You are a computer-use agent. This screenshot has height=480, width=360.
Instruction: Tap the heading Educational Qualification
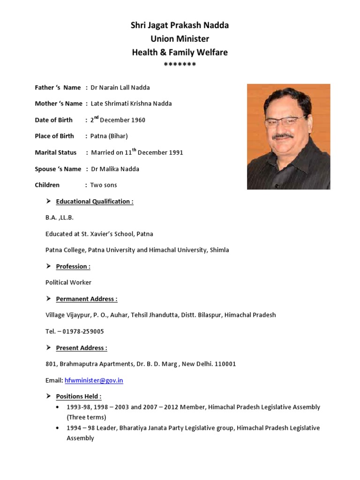click(x=95, y=202)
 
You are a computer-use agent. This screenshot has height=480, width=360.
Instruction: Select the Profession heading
click(x=73, y=266)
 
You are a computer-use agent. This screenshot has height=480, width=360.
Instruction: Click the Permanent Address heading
click(x=87, y=299)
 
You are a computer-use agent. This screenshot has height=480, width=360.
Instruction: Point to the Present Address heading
click(x=82, y=348)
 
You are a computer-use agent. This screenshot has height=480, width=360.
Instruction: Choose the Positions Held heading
click(x=79, y=397)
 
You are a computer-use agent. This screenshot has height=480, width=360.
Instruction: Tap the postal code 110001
click(x=225, y=364)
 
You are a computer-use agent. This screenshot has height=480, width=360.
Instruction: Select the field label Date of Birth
click(x=53, y=120)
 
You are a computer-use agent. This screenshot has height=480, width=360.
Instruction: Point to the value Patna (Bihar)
click(x=109, y=136)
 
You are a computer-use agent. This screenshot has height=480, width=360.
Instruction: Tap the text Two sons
click(x=104, y=185)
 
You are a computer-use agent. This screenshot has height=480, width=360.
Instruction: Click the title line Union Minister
click(x=180, y=39)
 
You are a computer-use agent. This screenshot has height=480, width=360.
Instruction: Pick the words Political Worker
click(x=68, y=283)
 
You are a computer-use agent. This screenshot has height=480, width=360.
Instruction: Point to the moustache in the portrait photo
click(x=283, y=136)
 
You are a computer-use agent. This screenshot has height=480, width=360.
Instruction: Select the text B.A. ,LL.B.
click(x=60, y=217)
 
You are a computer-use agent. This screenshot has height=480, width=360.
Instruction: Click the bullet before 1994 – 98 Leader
click(x=57, y=428)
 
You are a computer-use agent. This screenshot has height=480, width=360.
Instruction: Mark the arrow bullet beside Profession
click(x=48, y=266)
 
